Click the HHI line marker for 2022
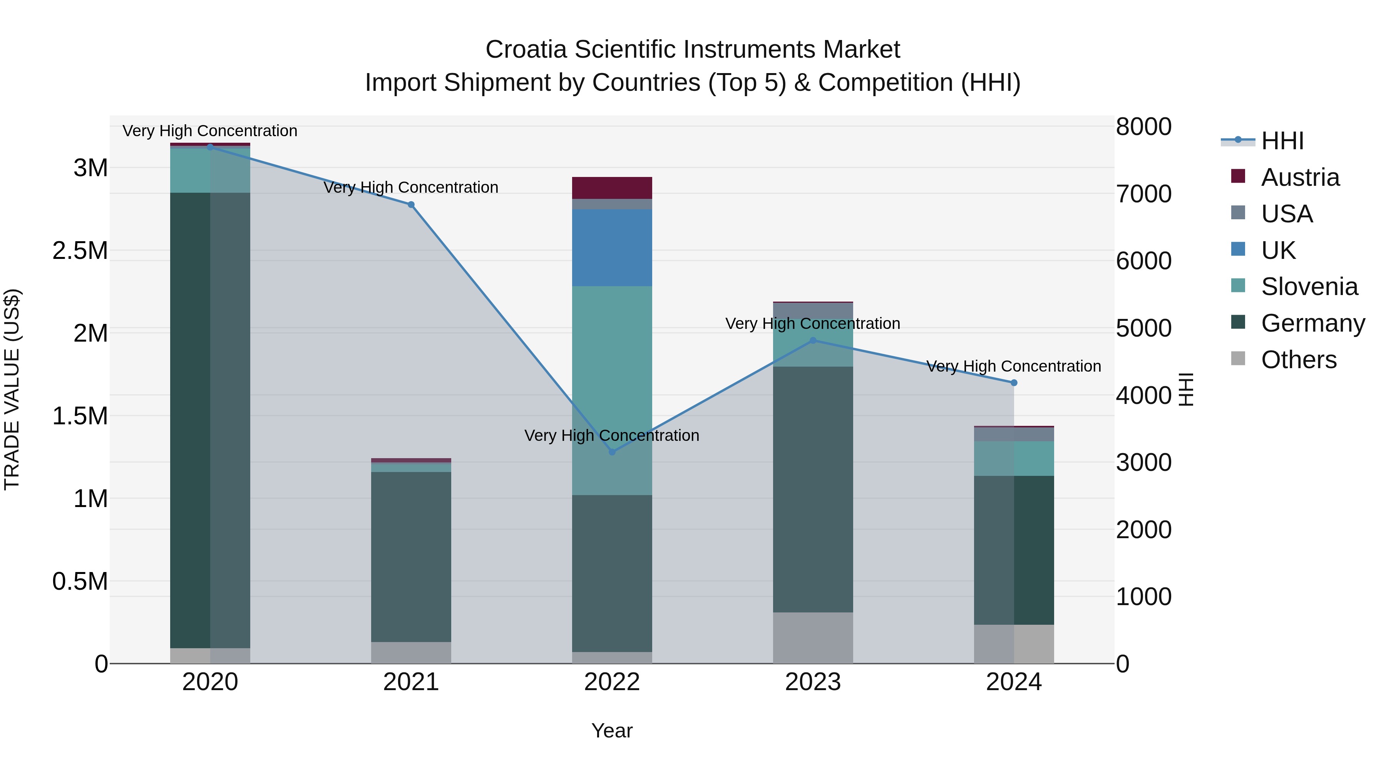pyautogui.click(x=612, y=452)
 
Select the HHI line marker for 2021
pyautogui.click(x=411, y=205)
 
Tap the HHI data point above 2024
pyautogui.click(x=1014, y=383)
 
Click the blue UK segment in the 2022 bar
pyautogui.click(x=612, y=247)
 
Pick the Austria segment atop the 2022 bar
pyautogui.click(x=612, y=188)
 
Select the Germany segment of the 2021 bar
pyautogui.click(x=411, y=556)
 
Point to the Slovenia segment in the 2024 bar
pyautogui.click(x=1014, y=459)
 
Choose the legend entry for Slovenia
pyautogui.click(x=1309, y=287)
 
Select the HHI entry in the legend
pyautogui.click(x=1282, y=141)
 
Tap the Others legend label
pyautogui.click(x=1298, y=360)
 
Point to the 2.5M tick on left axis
pyautogui.click(x=80, y=250)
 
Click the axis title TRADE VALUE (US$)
pyautogui.click(x=12, y=389)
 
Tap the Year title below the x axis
pyautogui.click(x=612, y=731)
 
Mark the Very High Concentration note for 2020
pyautogui.click(x=210, y=131)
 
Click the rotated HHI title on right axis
pyautogui.click(x=1186, y=389)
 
